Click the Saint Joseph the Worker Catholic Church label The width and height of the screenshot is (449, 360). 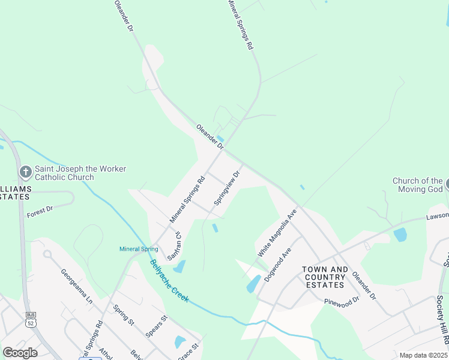pyautogui.click(x=80, y=173)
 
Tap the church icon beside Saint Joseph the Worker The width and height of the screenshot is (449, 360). pyautogui.click(x=25, y=172)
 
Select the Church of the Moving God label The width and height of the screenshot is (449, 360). pyautogui.click(x=417, y=185)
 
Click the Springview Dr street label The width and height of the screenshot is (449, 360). pyautogui.click(x=227, y=188)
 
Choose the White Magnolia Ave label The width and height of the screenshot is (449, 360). pyautogui.click(x=277, y=233)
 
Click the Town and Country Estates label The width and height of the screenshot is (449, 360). pyautogui.click(x=324, y=277)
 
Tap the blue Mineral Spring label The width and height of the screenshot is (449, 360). pyautogui.click(x=139, y=249)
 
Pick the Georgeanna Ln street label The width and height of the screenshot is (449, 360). pyautogui.click(x=76, y=285)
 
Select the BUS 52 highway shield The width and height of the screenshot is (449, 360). pyautogui.click(x=30, y=319)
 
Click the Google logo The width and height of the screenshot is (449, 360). pyautogui.click(x=20, y=353)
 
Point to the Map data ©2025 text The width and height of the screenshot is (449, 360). pyautogui.click(x=424, y=355)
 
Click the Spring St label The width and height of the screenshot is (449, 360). pyautogui.click(x=124, y=314)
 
